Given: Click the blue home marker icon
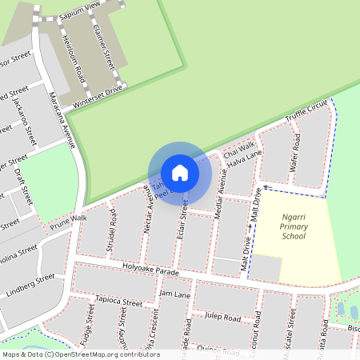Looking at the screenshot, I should point(180,172).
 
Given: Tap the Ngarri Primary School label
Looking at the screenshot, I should point(294,226).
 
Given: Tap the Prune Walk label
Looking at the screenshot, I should point(68,218).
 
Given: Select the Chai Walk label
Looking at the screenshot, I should point(238,150).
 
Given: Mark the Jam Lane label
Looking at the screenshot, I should point(175,294).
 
